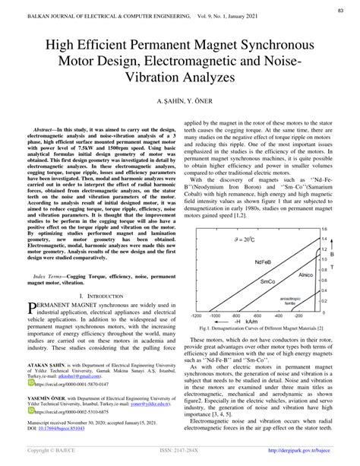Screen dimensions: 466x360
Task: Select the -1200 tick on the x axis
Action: point(196,314)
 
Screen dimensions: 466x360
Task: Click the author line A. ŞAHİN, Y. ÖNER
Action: point(179,101)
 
